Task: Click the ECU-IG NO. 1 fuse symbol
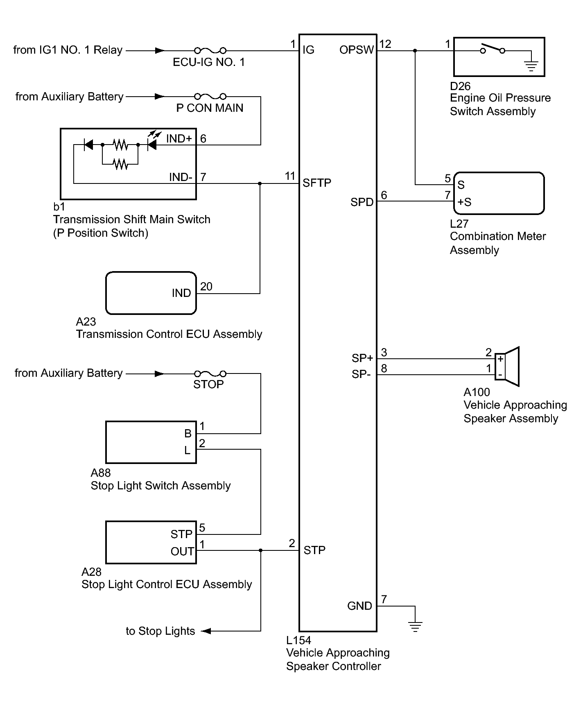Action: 210,50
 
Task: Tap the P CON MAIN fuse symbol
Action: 210,96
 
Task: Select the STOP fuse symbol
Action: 210,373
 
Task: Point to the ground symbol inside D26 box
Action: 531,66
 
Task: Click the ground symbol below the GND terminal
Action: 415,626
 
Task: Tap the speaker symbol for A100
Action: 507,367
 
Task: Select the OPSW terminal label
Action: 357,50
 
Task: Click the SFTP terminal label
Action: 317,183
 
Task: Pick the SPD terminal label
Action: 362,202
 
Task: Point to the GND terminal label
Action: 359,606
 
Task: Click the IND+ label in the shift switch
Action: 179,138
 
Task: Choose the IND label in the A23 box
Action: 181,293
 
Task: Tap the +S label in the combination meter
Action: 464,202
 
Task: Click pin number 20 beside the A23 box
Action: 206,286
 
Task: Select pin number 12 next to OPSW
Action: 385,44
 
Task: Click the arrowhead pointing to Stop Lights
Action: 206,631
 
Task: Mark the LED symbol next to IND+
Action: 152,141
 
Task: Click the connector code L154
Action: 298,640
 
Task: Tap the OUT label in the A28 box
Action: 182,551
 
